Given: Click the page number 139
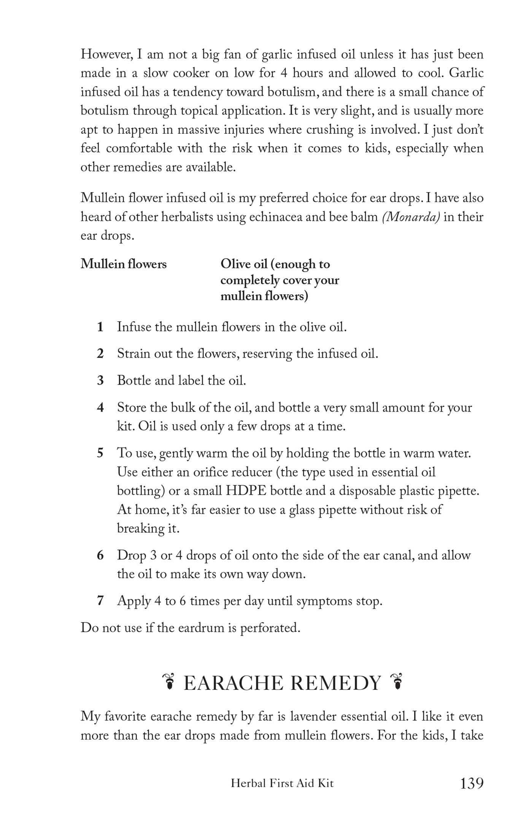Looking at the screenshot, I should [x=472, y=783].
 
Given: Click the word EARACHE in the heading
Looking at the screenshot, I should [x=233, y=683].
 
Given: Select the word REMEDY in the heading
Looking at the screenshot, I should [x=335, y=683].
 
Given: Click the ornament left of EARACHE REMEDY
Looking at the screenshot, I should [x=168, y=682].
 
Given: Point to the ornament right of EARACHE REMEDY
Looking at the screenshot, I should [x=397, y=682].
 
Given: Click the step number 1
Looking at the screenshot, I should [x=100, y=327].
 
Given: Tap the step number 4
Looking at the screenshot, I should [x=100, y=407].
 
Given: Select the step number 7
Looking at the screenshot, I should [x=100, y=601].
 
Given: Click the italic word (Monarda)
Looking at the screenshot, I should [x=411, y=217].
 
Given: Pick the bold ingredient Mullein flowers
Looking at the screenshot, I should [x=124, y=264].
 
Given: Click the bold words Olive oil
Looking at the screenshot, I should [x=243, y=264].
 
